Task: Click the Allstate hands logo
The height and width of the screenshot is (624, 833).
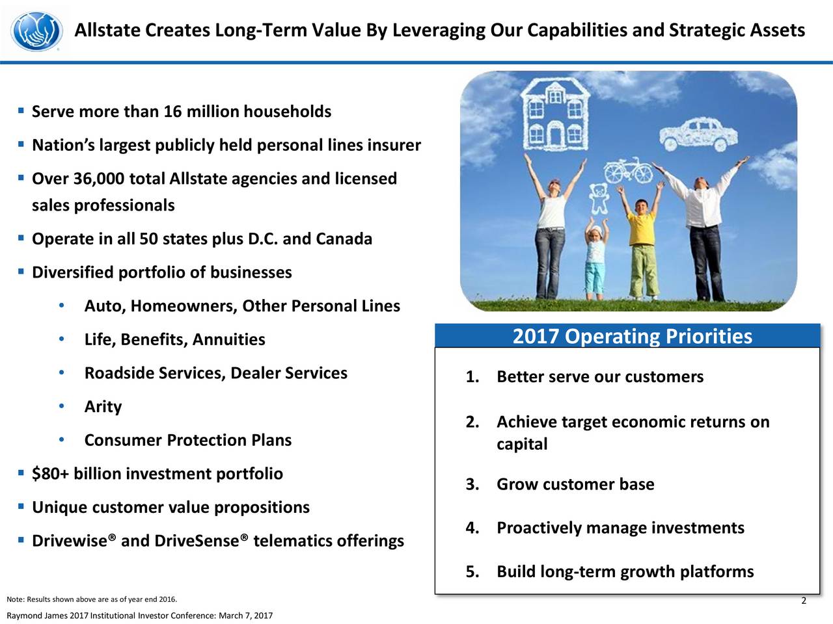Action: [36, 31]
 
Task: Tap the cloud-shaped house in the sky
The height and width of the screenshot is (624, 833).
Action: [555, 114]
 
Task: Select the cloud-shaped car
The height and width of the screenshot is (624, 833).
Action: [699, 135]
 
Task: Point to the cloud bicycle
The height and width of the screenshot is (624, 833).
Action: [628, 171]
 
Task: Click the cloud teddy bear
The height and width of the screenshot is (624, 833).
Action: [599, 198]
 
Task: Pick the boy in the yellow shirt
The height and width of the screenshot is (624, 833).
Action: [641, 242]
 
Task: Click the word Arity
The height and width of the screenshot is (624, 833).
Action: [103, 407]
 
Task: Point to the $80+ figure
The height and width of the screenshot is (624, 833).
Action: [50, 474]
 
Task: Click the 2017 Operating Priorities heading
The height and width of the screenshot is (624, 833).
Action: [633, 336]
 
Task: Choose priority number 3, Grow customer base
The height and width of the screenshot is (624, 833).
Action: [560, 484]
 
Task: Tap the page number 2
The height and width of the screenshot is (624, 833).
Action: [804, 601]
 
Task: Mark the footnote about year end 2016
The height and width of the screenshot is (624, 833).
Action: [92, 599]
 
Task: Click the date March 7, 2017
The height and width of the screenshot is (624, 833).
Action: [245, 616]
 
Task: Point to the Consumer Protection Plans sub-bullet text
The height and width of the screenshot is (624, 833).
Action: [188, 440]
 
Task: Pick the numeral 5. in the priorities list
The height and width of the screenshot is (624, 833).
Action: [472, 571]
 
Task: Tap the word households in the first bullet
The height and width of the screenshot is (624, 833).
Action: [287, 112]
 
